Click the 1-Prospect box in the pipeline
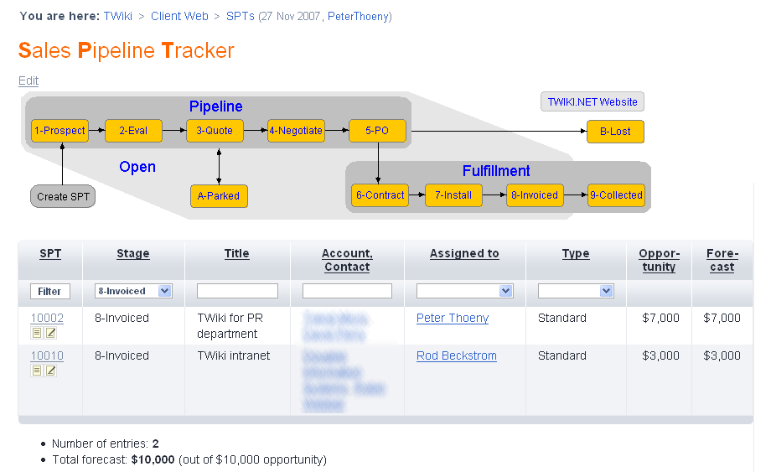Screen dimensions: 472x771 [x=60, y=131]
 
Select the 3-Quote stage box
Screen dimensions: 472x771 [x=215, y=131]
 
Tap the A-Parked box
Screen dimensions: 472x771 [x=219, y=196]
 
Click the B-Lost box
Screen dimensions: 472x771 [x=615, y=132]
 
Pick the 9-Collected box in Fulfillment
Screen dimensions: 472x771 [x=616, y=195]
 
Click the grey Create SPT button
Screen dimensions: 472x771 [x=63, y=197]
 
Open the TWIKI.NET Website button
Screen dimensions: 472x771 [x=592, y=102]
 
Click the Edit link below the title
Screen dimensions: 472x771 [x=28, y=81]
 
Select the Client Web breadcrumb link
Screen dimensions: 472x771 [x=179, y=16]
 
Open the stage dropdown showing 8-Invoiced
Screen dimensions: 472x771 [x=133, y=291]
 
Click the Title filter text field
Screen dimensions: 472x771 [x=237, y=291]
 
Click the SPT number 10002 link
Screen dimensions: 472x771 [x=47, y=319]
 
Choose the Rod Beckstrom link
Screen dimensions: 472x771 [x=456, y=356]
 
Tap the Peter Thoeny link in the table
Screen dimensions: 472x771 [x=452, y=319]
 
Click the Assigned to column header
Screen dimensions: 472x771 [x=464, y=254]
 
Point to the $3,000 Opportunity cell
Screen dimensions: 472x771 [x=661, y=356]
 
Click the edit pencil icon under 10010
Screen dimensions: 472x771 [x=51, y=371]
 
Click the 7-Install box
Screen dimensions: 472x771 [x=453, y=195]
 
